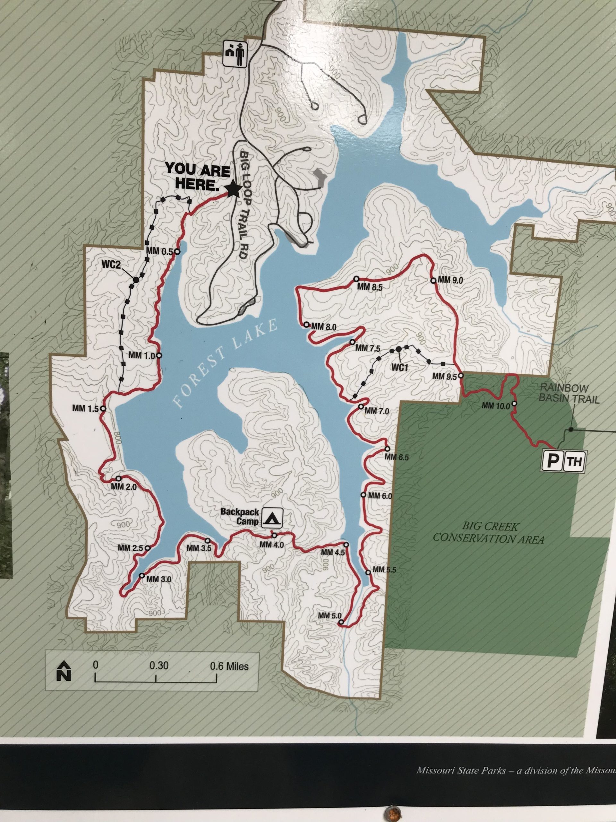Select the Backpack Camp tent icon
(272, 518)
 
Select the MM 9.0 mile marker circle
(433, 281)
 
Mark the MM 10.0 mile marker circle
(514, 404)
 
